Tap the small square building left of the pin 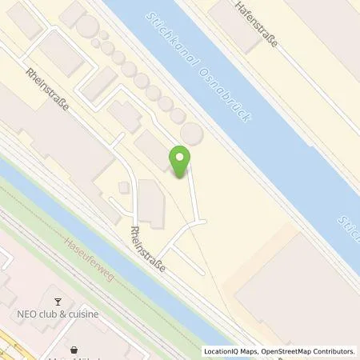[x=123, y=187]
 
